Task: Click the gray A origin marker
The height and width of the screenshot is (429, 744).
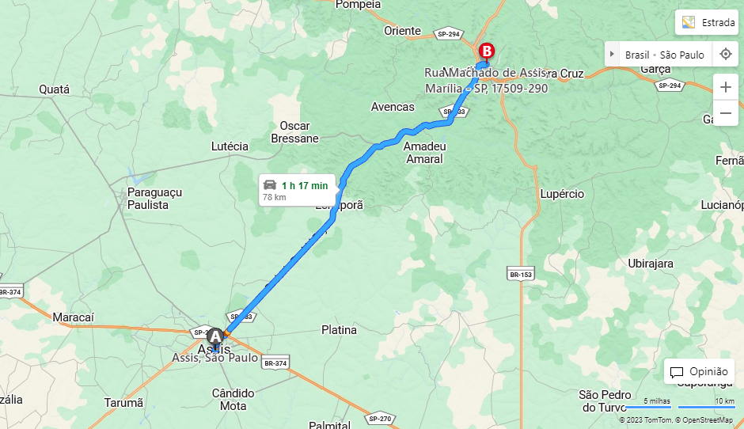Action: (x=214, y=336)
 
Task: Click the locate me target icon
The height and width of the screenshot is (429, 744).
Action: (x=725, y=55)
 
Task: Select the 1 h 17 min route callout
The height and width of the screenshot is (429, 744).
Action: (x=297, y=190)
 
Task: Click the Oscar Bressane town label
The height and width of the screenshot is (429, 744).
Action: (x=294, y=132)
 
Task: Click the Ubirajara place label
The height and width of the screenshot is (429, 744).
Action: (x=650, y=264)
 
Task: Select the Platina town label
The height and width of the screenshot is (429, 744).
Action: (x=339, y=330)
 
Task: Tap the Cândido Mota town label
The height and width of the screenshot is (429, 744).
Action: (x=233, y=400)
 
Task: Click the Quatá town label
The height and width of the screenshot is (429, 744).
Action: (x=55, y=89)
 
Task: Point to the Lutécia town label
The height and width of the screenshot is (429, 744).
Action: (x=230, y=146)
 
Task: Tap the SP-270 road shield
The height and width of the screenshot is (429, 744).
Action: (x=380, y=418)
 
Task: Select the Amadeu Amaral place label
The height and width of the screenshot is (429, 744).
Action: (x=423, y=153)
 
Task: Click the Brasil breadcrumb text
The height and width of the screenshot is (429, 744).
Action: (x=637, y=55)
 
